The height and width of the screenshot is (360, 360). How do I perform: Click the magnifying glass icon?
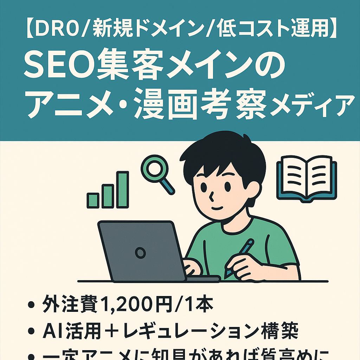[x=154, y=168]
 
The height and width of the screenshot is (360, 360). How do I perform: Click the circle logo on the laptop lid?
[x=140, y=252]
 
